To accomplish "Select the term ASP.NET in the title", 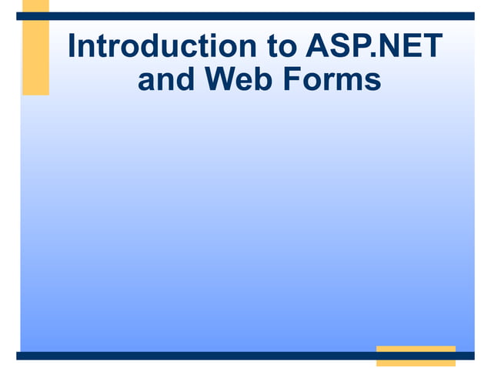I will [374, 47].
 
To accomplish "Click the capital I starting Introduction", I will [72, 47].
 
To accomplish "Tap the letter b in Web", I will [258, 80].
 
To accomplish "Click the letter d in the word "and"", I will [185, 80].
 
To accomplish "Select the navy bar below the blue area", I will [231, 356].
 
